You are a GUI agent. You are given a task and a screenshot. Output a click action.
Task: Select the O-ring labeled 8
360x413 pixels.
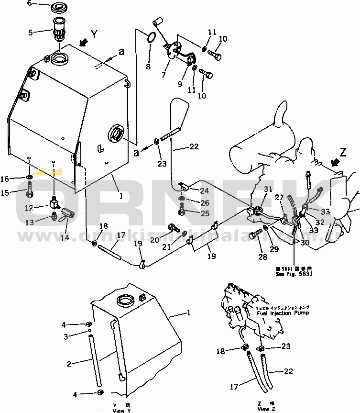(151, 37)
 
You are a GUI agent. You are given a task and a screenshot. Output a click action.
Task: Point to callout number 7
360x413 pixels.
(164, 75)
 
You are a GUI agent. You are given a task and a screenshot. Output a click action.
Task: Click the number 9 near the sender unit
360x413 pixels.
(180, 84)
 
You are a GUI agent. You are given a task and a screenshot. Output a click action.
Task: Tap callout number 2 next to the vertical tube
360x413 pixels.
(69, 364)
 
